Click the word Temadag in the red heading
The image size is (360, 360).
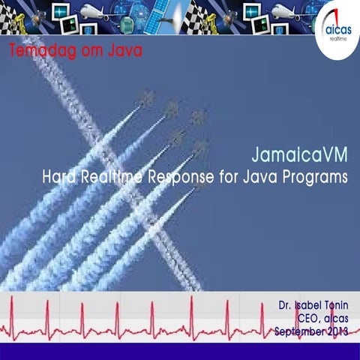click(x=43, y=51)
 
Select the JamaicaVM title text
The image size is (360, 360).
click(x=299, y=154)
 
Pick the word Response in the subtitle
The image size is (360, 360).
click(x=181, y=178)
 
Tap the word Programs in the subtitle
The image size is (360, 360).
click(x=315, y=178)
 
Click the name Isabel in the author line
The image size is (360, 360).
click(x=307, y=305)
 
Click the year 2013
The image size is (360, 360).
click(x=337, y=331)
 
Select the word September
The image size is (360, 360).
click(x=299, y=332)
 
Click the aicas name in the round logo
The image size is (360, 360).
click(x=339, y=30)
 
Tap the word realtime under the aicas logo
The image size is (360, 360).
click(x=338, y=39)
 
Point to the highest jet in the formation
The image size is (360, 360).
click(x=148, y=97)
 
